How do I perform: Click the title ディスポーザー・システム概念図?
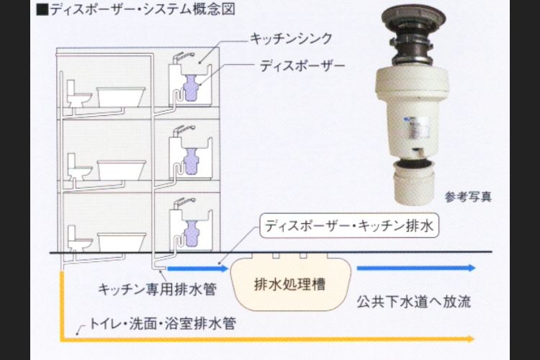[133, 9]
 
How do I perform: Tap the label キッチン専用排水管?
[158, 289]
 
